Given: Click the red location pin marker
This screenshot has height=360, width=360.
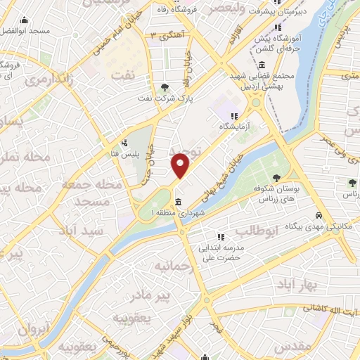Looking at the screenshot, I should click(x=181, y=165).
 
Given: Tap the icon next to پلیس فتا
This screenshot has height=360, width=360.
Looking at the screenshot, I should click(x=125, y=143).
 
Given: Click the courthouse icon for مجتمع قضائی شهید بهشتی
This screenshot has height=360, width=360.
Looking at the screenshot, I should click(x=262, y=65).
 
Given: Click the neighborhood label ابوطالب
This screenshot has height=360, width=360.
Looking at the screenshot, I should click(x=257, y=231).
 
